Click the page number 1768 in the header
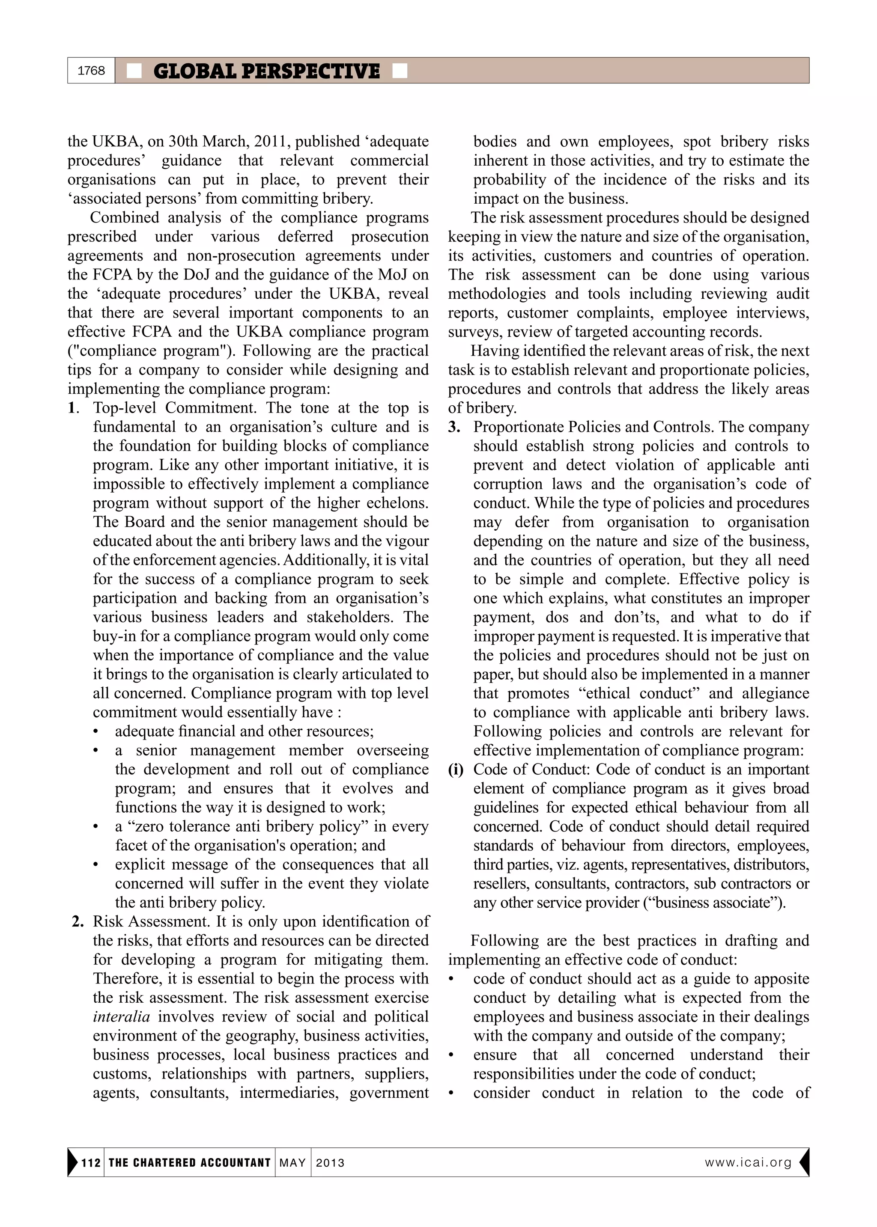point(91,71)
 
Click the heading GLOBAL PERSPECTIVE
point(266,71)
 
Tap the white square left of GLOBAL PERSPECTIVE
point(134,71)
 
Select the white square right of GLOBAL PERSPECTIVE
point(400,71)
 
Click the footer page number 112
point(91,1162)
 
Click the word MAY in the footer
point(293,1162)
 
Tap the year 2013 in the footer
point(330,1162)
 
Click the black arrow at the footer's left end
point(72,1162)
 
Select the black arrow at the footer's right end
point(804,1162)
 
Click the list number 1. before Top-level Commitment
point(74,408)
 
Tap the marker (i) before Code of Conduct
point(456,769)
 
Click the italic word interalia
point(121,1016)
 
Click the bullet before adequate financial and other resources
point(96,732)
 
